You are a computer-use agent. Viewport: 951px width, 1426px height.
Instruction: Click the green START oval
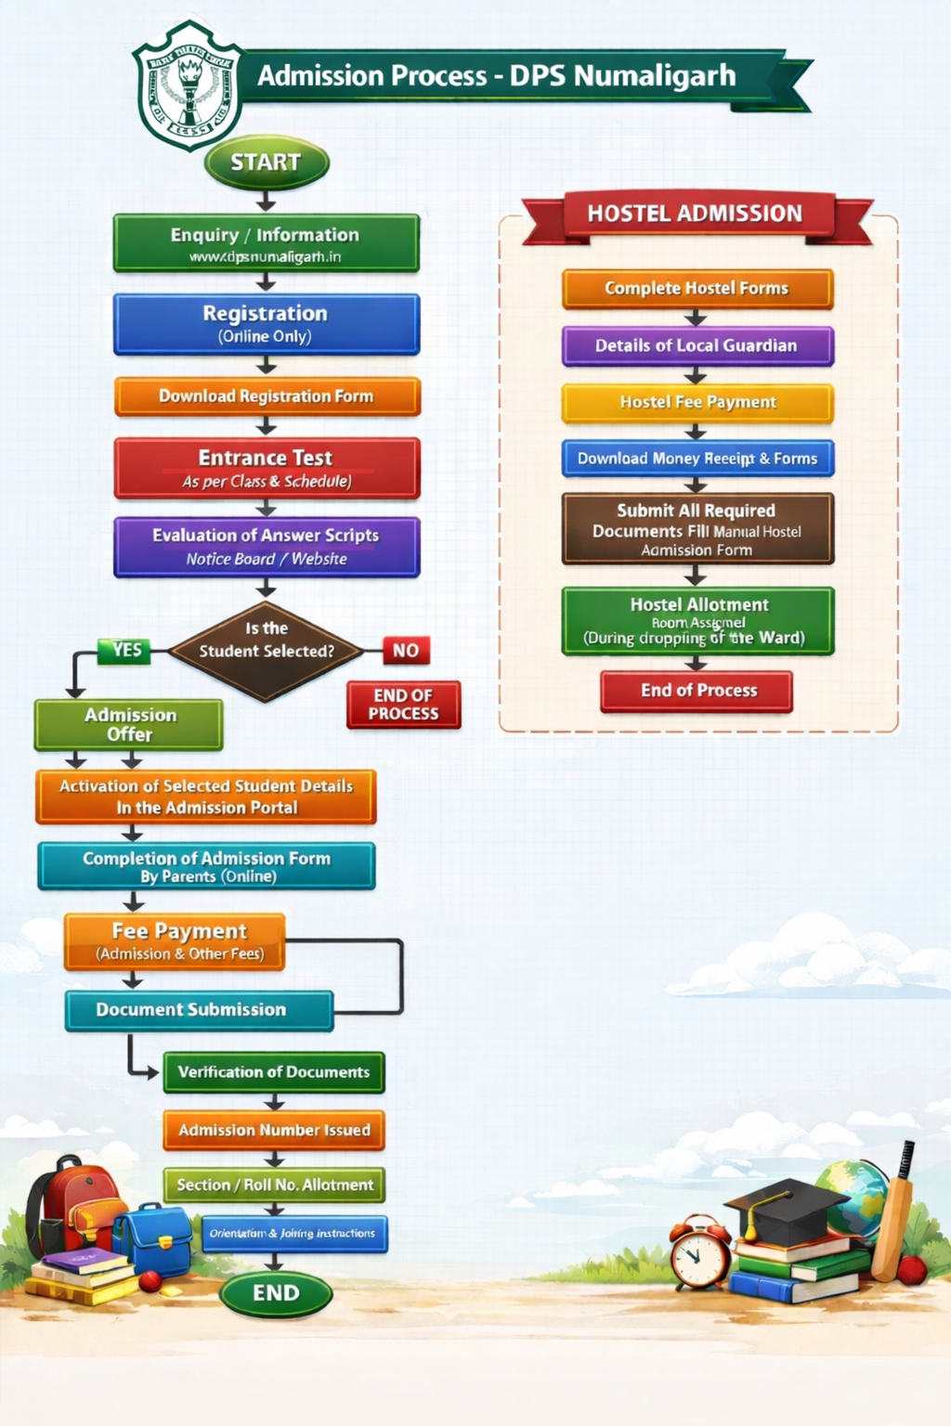[x=267, y=162]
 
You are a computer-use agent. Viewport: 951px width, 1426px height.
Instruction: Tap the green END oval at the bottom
[x=276, y=1293]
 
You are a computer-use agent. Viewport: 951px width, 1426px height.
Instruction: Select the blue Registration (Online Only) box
[x=267, y=324]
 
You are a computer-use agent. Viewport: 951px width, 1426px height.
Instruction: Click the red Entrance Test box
[x=267, y=468]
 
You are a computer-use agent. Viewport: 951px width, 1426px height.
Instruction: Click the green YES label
[x=125, y=650]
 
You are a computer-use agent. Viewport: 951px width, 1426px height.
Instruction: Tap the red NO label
[x=406, y=651]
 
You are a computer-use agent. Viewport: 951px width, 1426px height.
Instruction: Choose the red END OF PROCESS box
[x=404, y=705]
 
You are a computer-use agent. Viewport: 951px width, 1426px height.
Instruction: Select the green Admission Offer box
[x=129, y=724]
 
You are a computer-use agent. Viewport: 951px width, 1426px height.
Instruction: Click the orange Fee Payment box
[x=175, y=940]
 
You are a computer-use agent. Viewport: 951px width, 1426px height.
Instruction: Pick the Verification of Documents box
[x=274, y=1072]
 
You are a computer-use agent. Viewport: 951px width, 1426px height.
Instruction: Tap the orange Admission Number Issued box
[x=274, y=1130]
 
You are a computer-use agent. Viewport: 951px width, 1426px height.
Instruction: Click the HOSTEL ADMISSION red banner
[x=695, y=214]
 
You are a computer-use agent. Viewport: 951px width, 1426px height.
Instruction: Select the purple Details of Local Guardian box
[x=697, y=345]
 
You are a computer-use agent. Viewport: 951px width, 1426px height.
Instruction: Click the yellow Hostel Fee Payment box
[x=697, y=402]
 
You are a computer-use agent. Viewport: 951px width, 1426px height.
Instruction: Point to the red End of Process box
[x=697, y=691]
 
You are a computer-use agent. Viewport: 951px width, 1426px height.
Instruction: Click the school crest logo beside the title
[x=189, y=85]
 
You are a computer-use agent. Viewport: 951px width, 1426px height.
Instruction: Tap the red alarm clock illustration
[x=700, y=1253]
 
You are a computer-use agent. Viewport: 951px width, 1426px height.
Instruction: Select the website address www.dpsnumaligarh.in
[x=266, y=257]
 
